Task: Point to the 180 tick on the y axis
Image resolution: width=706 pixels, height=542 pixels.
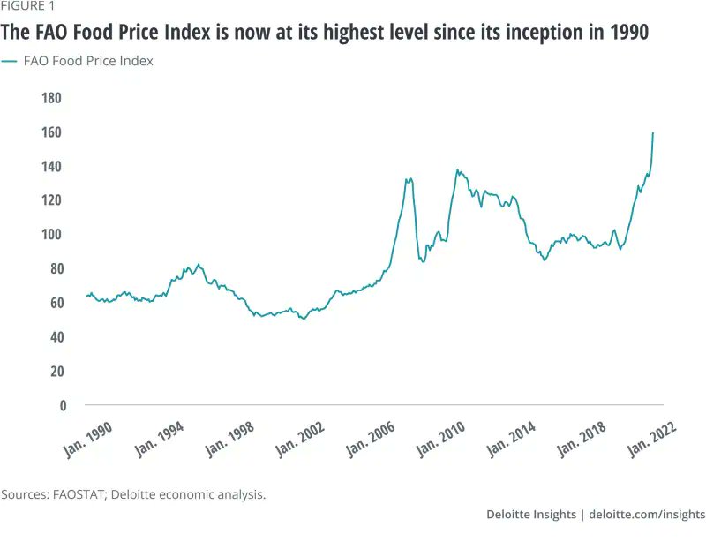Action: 55,98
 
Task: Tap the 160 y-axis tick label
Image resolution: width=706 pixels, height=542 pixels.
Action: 55,132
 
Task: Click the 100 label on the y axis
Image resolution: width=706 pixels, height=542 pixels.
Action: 55,235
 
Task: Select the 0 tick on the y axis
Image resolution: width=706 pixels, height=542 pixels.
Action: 62,406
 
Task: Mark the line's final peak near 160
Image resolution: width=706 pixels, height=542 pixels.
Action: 653,133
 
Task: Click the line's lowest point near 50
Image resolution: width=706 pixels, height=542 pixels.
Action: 304,319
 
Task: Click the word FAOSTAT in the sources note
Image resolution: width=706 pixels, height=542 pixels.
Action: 77,494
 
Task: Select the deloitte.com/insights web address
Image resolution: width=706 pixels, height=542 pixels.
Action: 647,515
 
